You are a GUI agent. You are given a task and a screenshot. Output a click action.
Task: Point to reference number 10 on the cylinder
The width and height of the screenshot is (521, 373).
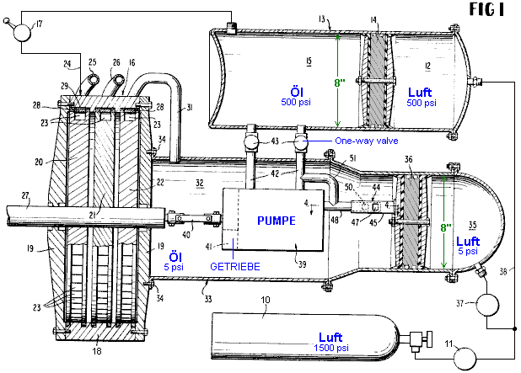click(x=266, y=301)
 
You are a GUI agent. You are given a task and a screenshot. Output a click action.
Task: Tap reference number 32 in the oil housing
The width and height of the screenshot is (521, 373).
click(x=200, y=181)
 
